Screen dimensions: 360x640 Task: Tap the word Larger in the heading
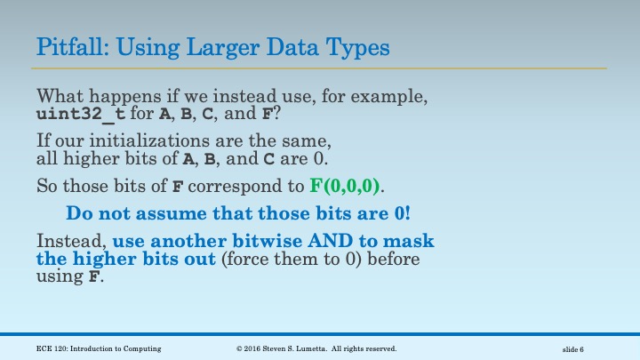pyautogui.click(x=228, y=46)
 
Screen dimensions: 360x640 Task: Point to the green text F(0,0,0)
pyautogui.click(x=346, y=188)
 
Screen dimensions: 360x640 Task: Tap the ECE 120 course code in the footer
pyautogui.click(x=53, y=348)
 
